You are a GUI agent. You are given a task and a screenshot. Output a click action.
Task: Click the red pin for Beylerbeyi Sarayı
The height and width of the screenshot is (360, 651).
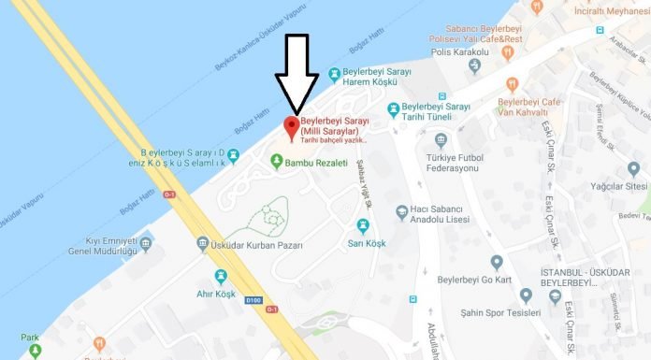[290, 128]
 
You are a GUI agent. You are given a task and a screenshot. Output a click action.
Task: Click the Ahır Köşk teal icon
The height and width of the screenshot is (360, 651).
[221, 276]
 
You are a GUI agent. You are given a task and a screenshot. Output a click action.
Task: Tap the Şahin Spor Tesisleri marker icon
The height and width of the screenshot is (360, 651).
[526, 296]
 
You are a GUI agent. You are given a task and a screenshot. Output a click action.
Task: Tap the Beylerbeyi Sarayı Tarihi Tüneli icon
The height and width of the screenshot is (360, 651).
[394, 108]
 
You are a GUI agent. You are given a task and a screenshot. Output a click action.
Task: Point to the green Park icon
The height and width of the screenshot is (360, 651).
[35, 352]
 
